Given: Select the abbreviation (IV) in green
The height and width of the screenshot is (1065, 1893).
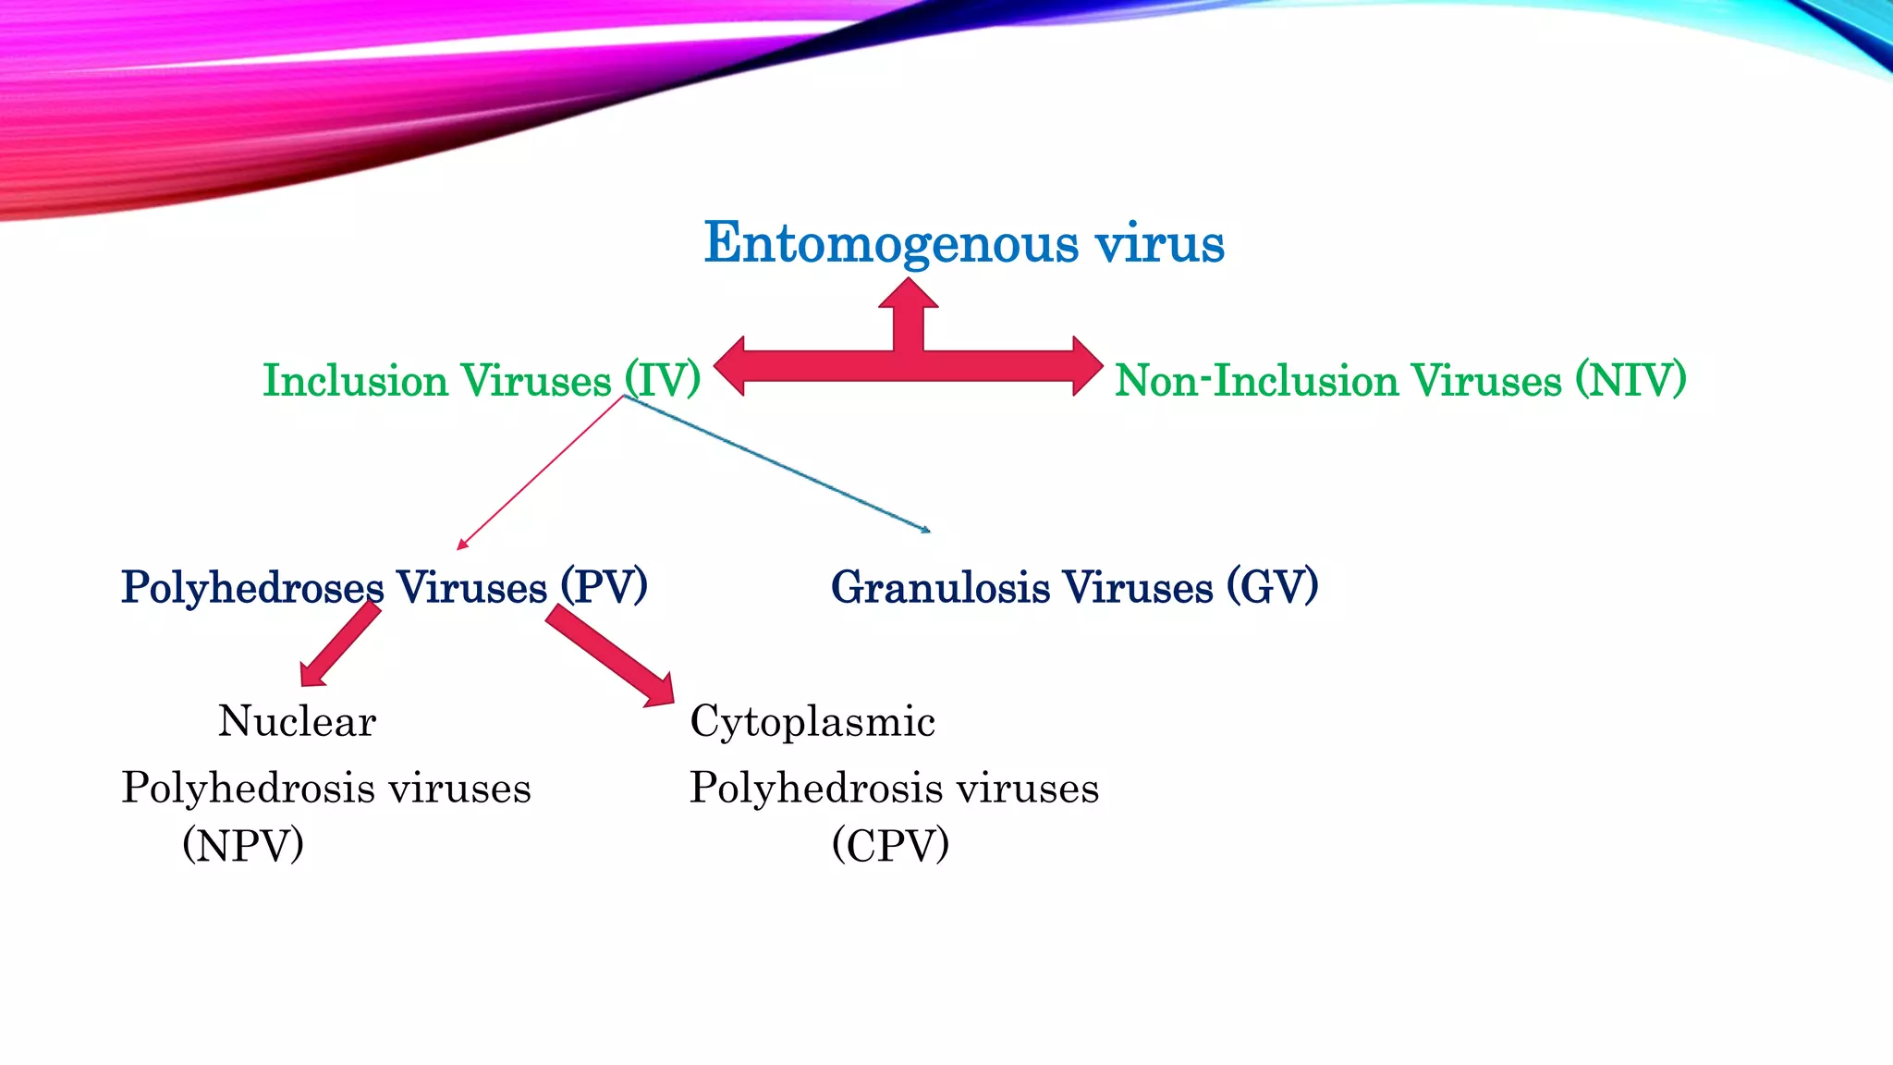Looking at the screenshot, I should click(x=662, y=380).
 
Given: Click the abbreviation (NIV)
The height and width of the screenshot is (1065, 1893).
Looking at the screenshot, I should click(x=1630, y=380).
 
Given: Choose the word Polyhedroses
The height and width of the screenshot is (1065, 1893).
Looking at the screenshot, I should click(x=252, y=588).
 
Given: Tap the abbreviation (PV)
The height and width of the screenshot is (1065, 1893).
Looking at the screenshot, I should click(x=604, y=586).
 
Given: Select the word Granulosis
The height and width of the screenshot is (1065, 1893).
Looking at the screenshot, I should click(x=940, y=587).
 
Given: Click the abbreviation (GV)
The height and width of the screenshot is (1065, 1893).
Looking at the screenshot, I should click(x=1272, y=586).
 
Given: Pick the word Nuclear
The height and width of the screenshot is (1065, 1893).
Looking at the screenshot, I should click(x=297, y=721).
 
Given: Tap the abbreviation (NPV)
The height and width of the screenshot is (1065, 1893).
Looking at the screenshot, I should click(x=243, y=844).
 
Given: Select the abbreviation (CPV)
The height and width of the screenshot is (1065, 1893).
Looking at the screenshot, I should click(x=890, y=844).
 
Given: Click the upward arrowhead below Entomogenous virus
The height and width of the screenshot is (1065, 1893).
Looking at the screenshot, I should click(x=909, y=294).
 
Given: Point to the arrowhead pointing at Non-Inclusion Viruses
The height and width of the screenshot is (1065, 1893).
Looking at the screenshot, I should click(x=1087, y=366).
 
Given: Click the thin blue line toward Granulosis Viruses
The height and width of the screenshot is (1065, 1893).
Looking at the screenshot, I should click(x=776, y=463).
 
